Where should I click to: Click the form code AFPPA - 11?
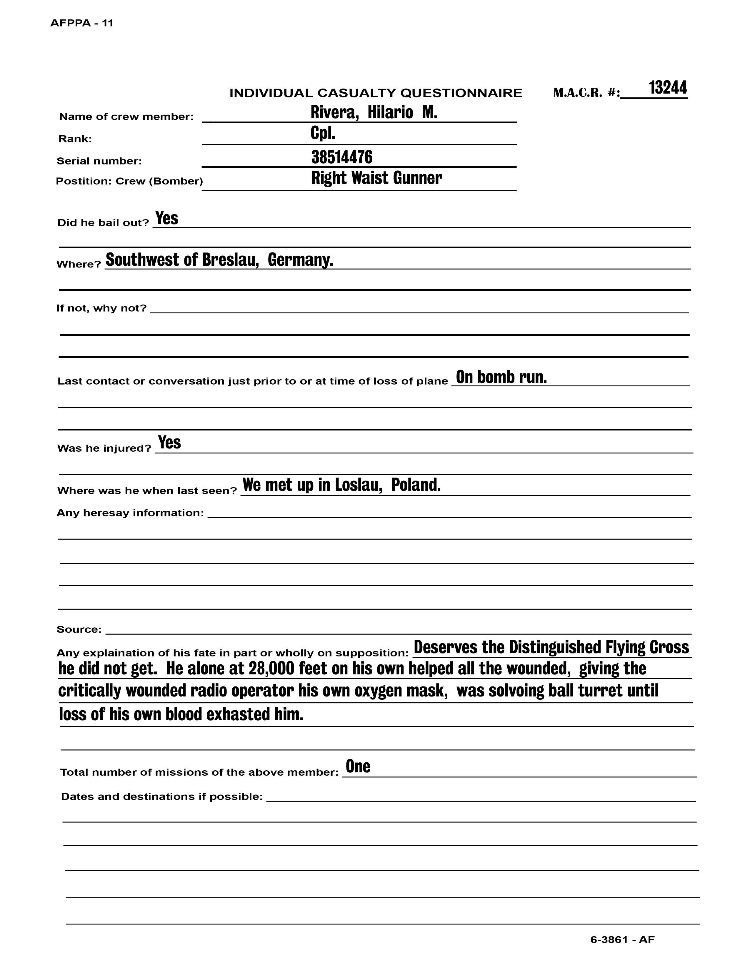tap(82, 23)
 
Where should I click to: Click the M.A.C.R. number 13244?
tap(667, 88)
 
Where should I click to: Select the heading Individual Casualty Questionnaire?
tap(376, 93)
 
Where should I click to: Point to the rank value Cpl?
tap(323, 133)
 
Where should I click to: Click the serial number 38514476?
tap(342, 157)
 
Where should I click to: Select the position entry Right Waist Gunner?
tap(376, 178)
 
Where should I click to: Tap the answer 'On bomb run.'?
tap(501, 377)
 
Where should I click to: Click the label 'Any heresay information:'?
tap(130, 513)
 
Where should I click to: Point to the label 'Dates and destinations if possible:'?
tap(162, 796)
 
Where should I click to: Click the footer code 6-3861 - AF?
tap(622, 940)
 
